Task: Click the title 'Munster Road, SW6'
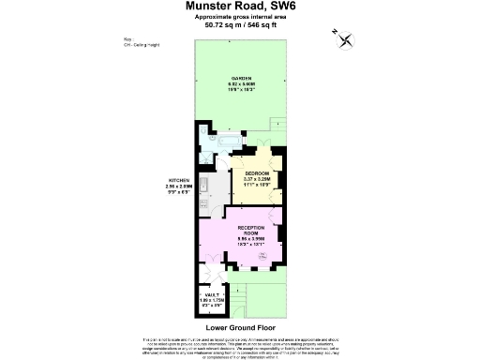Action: (x=241, y=7)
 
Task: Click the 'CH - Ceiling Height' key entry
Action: (x=142, y=41)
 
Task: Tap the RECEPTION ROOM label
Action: (x=256, y=234)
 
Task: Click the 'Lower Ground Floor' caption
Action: (x=240, y=328)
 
